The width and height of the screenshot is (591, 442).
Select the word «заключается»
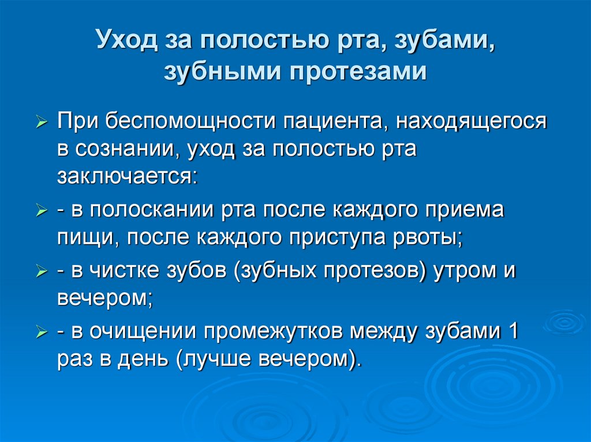(x=126, y=175)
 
